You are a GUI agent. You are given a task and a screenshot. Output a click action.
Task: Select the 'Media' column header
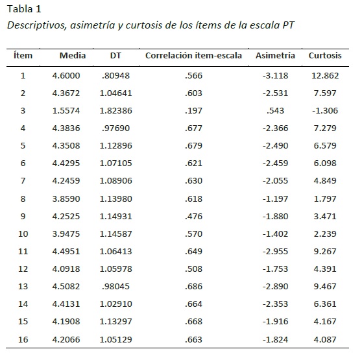coord(73,56)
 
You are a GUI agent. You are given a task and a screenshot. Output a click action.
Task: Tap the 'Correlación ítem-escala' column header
coord(193,56)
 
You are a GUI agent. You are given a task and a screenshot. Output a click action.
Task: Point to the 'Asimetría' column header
coord(275,56)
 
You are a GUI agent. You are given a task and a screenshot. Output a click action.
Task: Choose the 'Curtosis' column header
coord(325,56)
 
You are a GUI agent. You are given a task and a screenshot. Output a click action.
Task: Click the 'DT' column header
coord(115,56)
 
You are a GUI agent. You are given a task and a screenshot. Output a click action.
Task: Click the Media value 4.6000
coord(73,75)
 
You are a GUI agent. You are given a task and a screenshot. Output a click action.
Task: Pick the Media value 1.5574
coord(73,110)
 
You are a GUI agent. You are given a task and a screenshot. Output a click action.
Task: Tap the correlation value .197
coord(193,110)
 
